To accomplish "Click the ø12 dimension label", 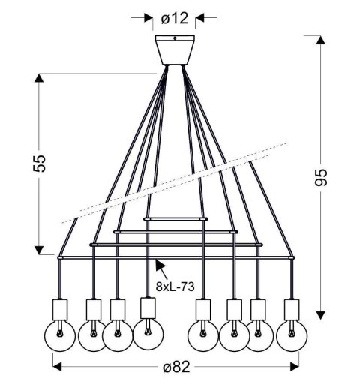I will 173,15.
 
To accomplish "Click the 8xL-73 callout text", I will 174,286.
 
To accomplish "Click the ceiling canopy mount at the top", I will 173,50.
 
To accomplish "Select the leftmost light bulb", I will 61,334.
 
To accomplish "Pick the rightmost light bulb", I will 291,335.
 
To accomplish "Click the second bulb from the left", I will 93,335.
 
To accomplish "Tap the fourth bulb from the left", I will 148,335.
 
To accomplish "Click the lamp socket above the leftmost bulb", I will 60,308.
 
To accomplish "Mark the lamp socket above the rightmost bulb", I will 291,309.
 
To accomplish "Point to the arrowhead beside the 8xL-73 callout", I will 157,264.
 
